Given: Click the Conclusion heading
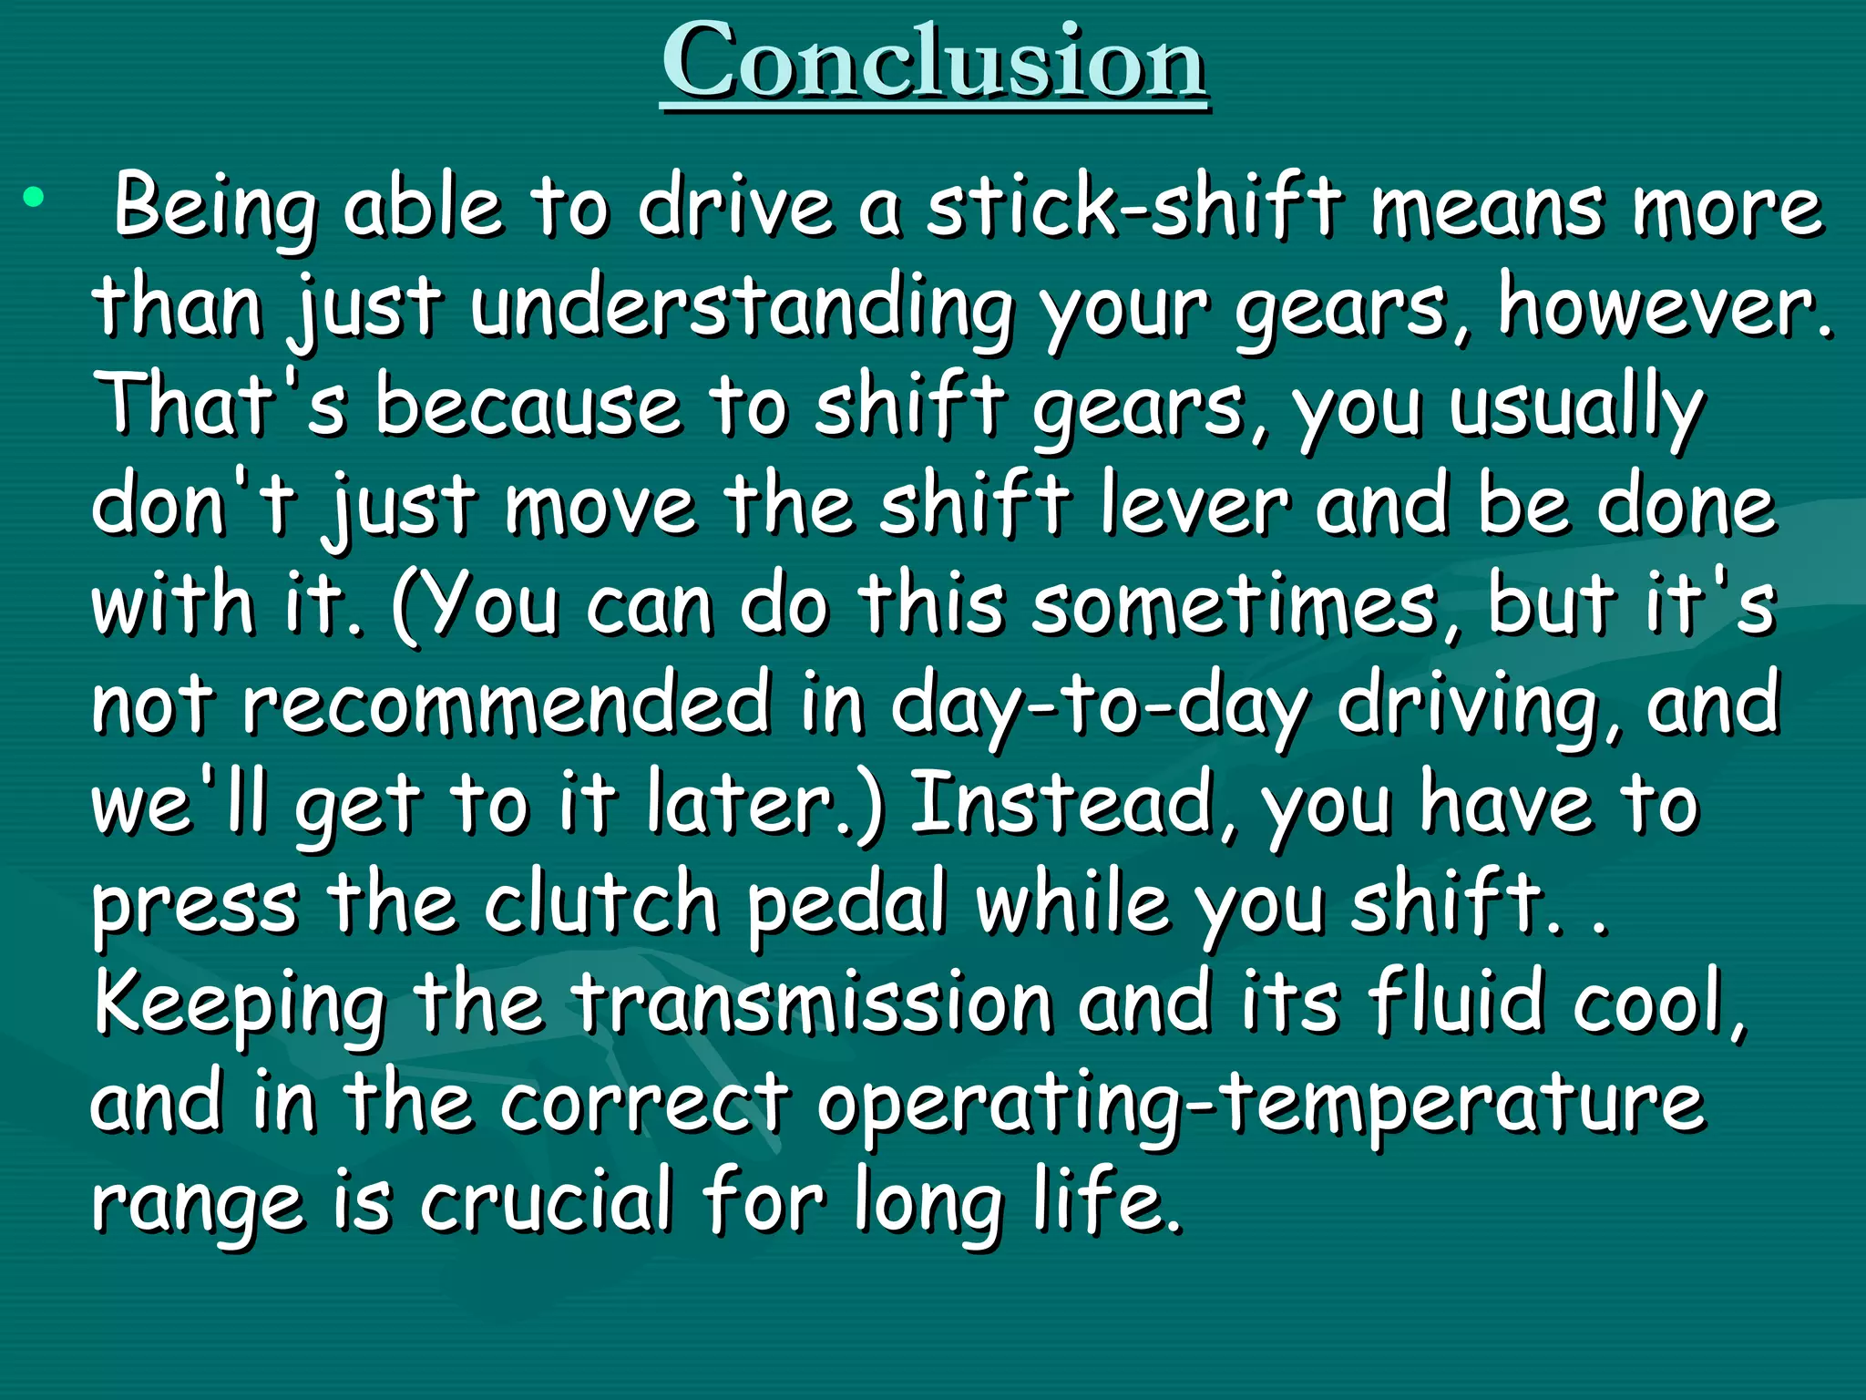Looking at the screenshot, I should (x=935, y=62).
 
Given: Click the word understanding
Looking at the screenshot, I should (x=742, y=308).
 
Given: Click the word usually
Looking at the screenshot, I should (x=1576, y=408).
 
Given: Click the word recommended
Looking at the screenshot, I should (x=507, y=704).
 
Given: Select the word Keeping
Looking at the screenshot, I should (x=239, y=1004).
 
